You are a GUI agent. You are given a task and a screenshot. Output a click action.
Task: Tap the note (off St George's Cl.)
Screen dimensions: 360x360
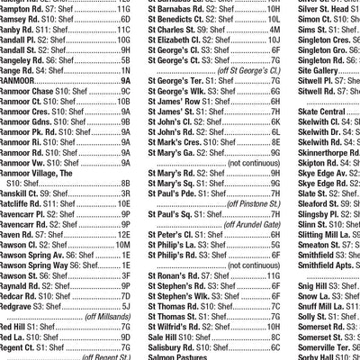pyautogui.click(x=243, y=68)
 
